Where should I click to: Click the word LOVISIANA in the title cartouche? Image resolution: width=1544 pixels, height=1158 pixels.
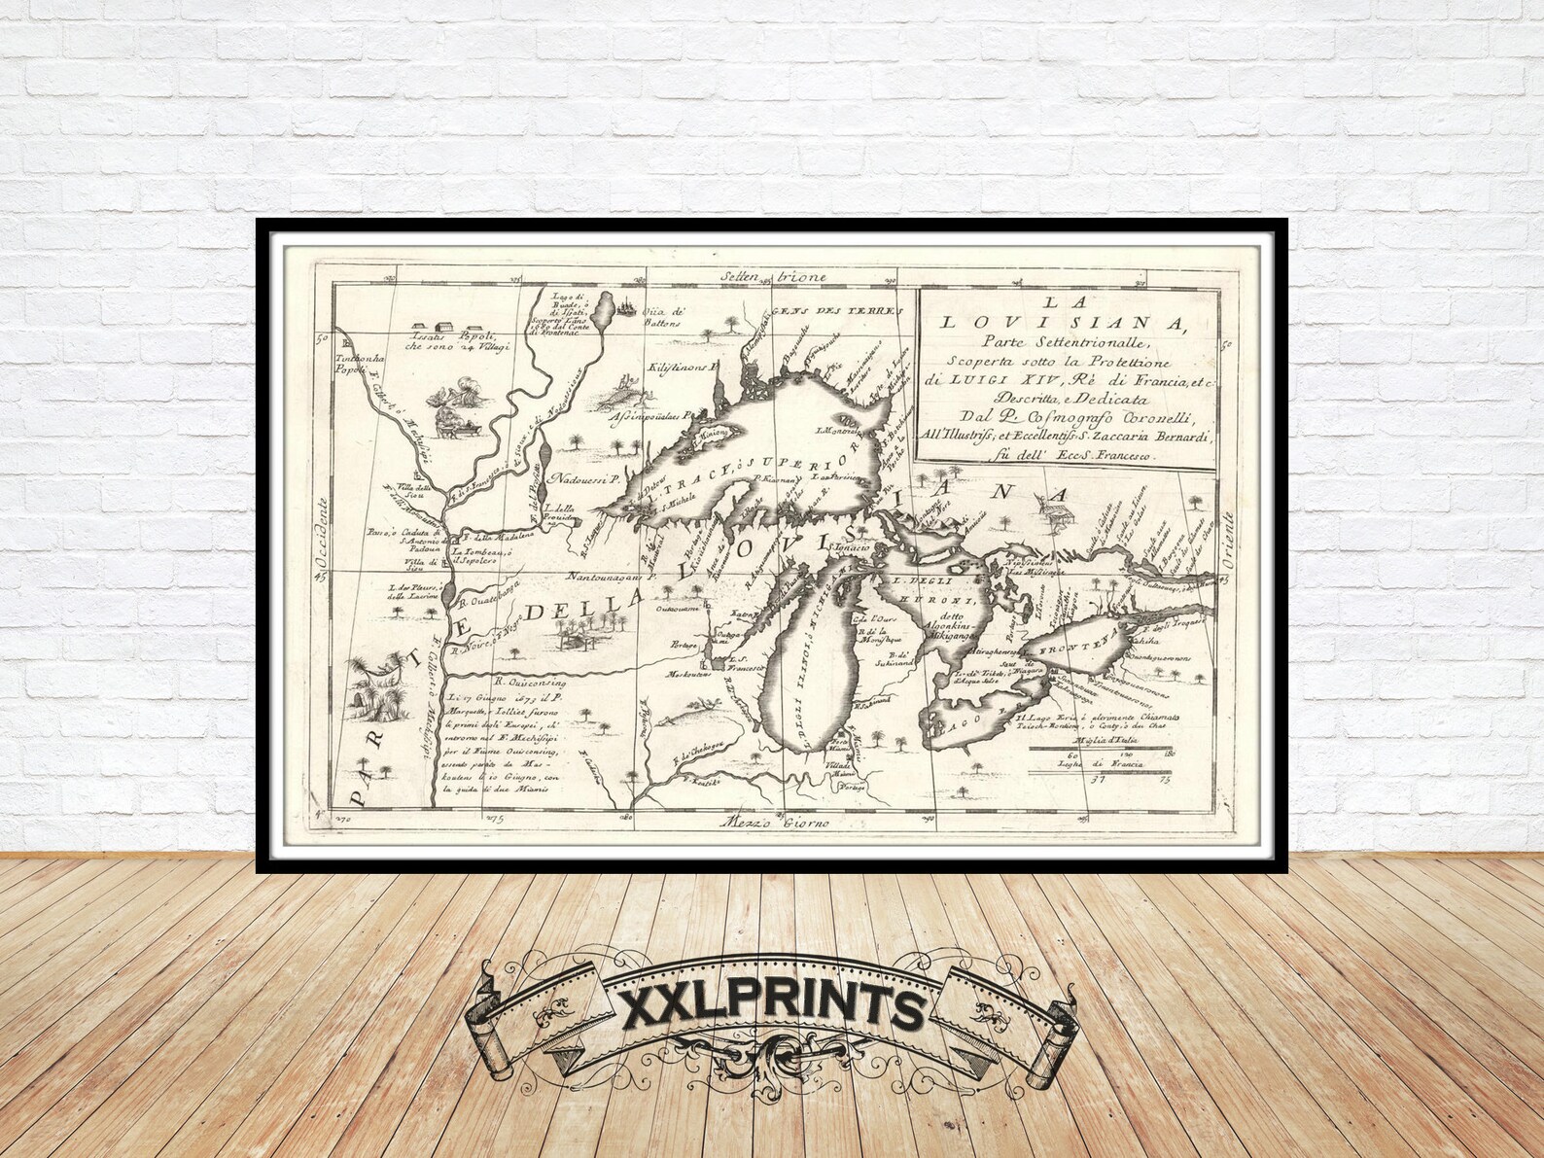pos(1065,322)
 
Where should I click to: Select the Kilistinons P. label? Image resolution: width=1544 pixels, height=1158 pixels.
pos(682,369)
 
